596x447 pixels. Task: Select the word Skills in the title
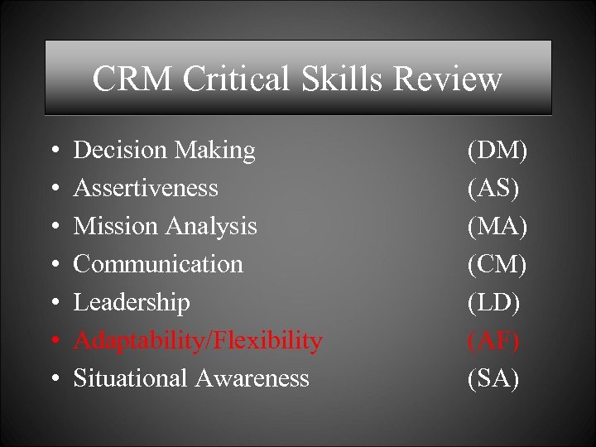[345, 79]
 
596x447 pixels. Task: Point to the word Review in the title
[448, 79]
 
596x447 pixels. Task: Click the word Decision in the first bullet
[120, 150]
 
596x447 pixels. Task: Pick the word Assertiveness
[146, 188]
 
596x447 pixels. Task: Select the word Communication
[158, 264]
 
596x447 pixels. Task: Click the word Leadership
[132, 302]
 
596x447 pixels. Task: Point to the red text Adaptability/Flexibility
[198, 340]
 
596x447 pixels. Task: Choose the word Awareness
[252, 378]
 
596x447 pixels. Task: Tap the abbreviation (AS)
[493, 188]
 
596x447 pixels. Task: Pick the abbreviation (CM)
[497, 264]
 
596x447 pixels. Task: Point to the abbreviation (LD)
[494, 302]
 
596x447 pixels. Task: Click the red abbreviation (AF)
[493, 340]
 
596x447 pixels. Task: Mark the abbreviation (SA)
[493, 378]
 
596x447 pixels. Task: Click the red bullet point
[53, 341]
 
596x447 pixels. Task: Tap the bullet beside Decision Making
[53, 151]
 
